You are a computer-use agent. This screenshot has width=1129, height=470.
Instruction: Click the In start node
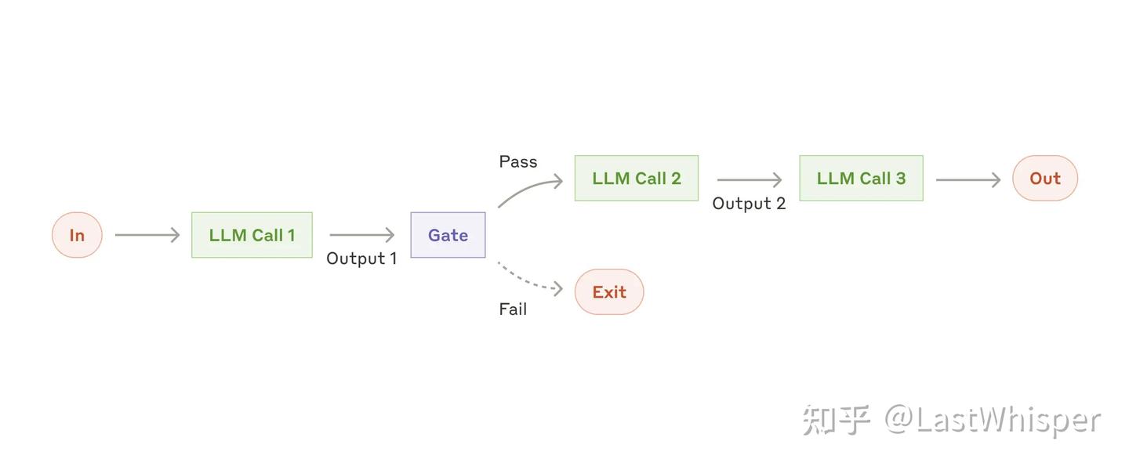click(77, 235)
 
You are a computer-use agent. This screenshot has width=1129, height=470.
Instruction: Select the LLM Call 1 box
click(252, 235)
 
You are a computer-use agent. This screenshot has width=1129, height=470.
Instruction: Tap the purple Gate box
click(448, 235)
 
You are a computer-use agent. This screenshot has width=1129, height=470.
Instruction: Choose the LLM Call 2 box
click(636, 179)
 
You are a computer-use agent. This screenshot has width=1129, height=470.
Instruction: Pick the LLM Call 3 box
click(861, 179)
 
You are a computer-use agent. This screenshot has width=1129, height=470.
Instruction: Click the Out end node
click(1044, 179)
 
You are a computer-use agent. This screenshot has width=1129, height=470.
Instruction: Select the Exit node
click(609, 292)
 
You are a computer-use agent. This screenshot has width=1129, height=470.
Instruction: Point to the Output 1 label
click(361, 258)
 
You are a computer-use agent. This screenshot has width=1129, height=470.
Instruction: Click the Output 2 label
click(749, 204)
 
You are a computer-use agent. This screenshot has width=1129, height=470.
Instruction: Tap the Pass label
click(518, 162)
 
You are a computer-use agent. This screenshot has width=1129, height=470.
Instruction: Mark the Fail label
click(513, 309)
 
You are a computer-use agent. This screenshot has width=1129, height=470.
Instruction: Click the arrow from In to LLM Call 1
click(147, 235)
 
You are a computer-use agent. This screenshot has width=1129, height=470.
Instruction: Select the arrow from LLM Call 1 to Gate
click(361, 235)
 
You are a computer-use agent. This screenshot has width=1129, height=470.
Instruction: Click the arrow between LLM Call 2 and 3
click(749, 180)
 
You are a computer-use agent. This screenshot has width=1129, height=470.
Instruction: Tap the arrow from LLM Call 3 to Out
click(967, 180)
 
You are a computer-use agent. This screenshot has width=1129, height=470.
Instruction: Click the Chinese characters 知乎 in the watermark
click(836, 421)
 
